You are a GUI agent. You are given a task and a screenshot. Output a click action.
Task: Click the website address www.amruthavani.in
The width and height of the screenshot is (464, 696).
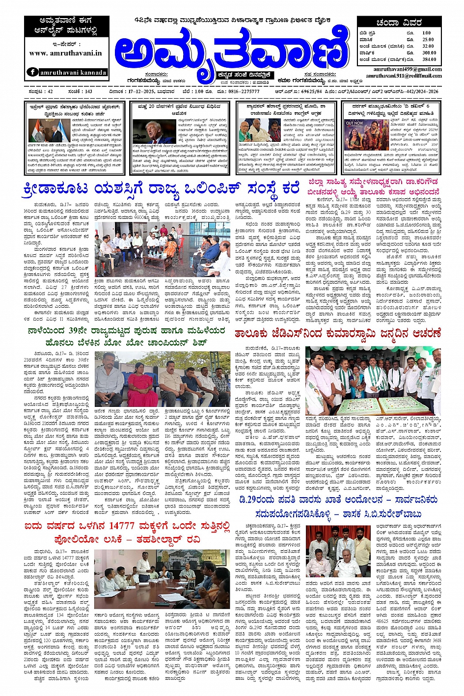[x=65, y=54]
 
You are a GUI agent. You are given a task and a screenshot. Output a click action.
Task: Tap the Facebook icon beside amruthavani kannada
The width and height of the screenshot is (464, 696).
[x=33, y=72]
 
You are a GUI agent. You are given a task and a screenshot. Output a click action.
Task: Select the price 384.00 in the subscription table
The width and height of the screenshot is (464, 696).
[x=429, y=59]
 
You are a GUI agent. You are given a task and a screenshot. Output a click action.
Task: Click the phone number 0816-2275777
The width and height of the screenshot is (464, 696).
[x=244, y=91]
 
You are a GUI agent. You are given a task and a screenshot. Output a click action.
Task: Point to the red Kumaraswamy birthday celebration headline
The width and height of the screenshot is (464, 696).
[x=336, y=334]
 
